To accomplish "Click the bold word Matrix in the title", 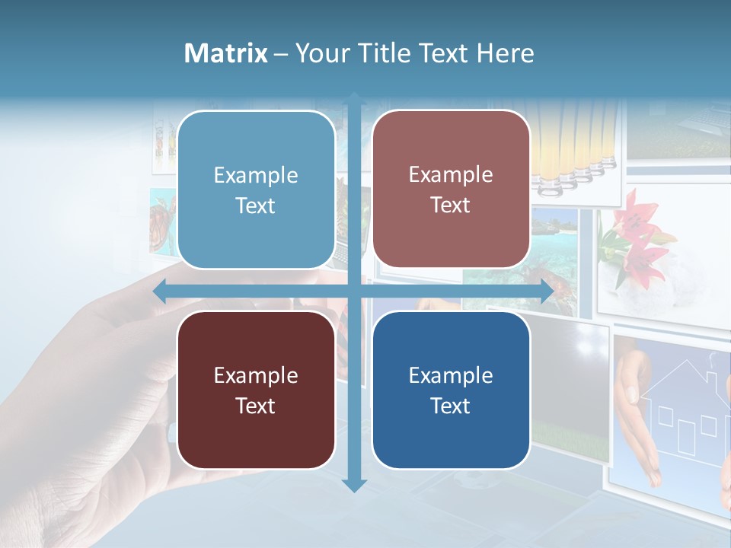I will coord(225,53).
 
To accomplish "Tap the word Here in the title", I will coord(505,53).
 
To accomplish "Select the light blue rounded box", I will coord(256,190).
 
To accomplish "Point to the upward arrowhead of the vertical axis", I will coord(354,99).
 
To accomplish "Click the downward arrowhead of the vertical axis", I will coord(354,485).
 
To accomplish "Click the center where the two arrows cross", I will coord(354,292).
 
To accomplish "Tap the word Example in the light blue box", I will coord(256,175).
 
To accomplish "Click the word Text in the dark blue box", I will coord(451,406).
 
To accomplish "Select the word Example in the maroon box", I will coord(256,375).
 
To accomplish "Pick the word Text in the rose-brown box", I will coord(451,205).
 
